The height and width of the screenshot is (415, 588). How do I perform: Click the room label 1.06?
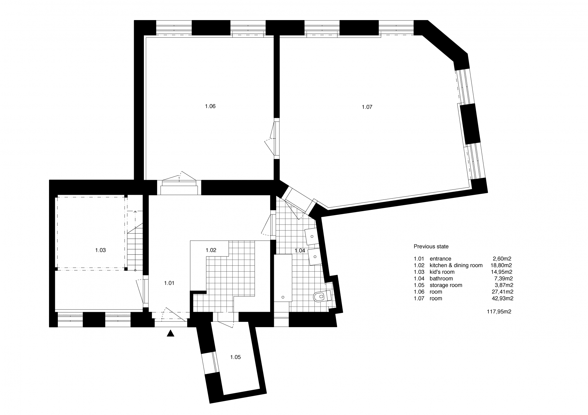pos(210,106)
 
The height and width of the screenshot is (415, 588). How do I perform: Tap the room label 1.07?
pos(367,107)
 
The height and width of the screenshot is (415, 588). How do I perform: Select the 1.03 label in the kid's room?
pos(100,250)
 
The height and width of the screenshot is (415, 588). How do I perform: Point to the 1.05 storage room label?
pos(235,357)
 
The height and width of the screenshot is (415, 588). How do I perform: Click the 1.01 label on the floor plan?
pos(169,283)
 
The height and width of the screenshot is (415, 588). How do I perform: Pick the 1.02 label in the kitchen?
pos(211,250)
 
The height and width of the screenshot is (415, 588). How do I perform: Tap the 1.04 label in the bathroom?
pos(300,250)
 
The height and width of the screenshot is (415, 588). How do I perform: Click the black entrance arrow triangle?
pos(170,333)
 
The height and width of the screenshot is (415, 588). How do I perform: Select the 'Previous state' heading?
pos(431,247)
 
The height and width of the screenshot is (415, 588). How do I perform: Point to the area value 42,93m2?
pos(502,298)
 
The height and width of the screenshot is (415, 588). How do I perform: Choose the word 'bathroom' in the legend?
pos(441,279)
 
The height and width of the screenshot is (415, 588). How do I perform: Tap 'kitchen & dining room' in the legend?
pos(456,265)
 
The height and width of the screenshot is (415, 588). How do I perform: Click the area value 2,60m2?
pos(503,259)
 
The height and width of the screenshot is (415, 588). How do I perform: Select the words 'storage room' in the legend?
pos(446,285)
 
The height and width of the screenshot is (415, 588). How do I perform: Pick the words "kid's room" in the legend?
pos(442,272)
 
